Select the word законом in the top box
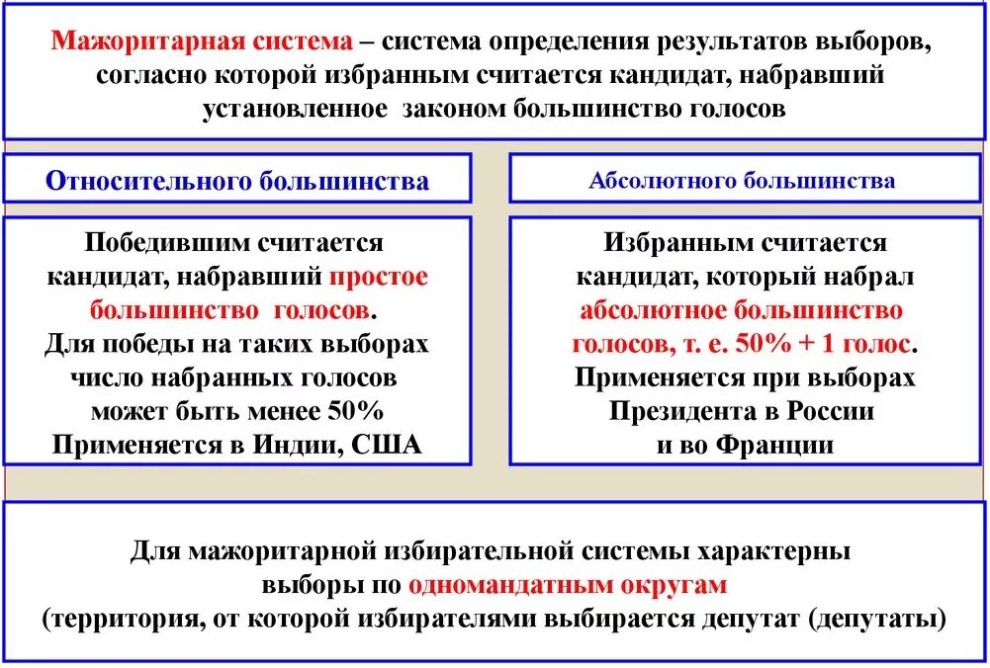[455, 108]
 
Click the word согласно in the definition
[155, 75]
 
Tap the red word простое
[379, 277]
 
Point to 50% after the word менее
[350, 411]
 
